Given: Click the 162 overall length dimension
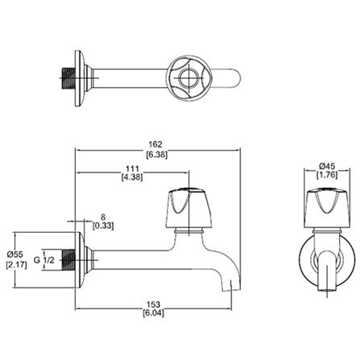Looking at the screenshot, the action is point(155,144).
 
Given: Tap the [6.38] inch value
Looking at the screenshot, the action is point(157,155).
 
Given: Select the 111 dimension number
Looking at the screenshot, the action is point(132,169).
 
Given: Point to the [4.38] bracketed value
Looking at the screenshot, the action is point(132,177).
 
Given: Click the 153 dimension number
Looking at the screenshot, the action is point(154,304).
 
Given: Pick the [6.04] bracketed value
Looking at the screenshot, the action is point(153,313).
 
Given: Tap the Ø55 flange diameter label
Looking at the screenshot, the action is point(15,254).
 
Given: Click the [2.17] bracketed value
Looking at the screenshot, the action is point(16,266).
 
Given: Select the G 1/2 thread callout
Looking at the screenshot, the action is point(44,260).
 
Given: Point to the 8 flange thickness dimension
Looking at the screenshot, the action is point(103,217).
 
